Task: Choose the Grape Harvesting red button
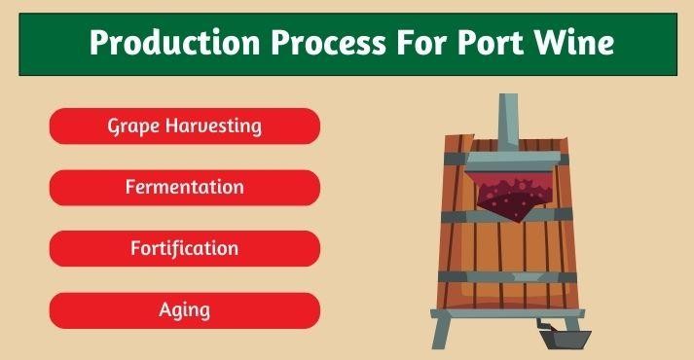pyautogui.click(x=184, y=126)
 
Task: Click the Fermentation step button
pyautogui.click(x=184, y=187)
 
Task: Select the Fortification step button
pyautogui.click(x=184, y=248)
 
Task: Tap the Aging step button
pyautogui.click(x=184, y=310)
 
